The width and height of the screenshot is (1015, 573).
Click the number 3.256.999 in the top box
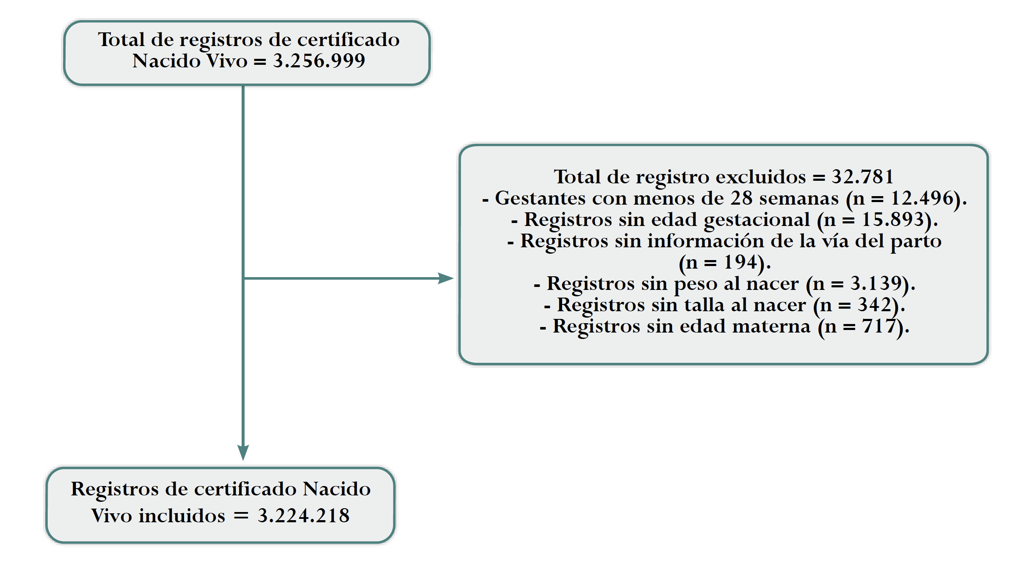[319, 61]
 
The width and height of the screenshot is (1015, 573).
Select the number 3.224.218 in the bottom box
[303, 516]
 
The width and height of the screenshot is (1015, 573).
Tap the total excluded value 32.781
[862, 177]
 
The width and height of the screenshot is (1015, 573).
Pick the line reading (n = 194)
[724, 263]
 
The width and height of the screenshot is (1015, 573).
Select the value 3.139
[876, 284]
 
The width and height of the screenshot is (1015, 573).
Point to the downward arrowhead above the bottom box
[243, 452]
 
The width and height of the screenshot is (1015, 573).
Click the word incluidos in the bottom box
[182, 516]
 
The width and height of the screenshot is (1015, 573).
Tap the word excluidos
[761, 177]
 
